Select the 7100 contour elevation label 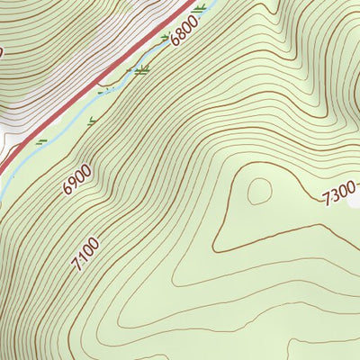(x=87, y=253)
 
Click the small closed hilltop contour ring (x=260, y=190)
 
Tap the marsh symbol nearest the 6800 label (x=166, y=38)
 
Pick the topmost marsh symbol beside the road (x=198, y=8)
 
